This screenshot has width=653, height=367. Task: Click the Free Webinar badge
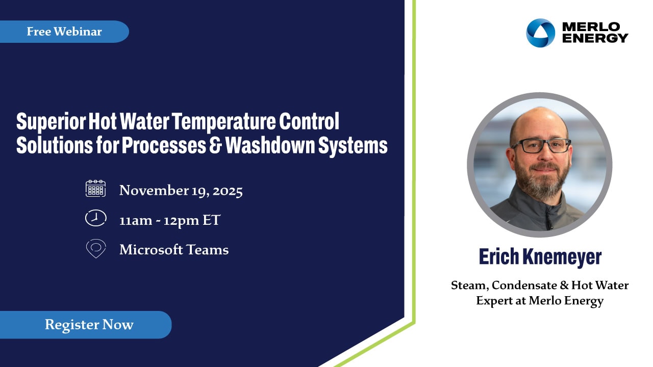pos(64,32)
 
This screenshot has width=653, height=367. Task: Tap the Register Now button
pos(86,325)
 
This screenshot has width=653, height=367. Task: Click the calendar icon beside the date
pos(95,189)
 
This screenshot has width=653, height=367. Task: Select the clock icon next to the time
pos(95,218)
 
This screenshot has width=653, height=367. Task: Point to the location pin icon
pos(96,249)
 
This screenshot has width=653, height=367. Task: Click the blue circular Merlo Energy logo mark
pos(540,33)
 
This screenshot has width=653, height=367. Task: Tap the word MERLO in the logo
pos(591,27)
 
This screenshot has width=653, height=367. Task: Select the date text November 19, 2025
pos(181,191)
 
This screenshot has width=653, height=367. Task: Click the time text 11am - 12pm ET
pos(170,220)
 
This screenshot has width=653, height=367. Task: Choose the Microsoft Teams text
pos(174,250)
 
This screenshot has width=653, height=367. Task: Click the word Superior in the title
pos(51,122)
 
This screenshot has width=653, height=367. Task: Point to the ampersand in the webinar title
pos(215,145)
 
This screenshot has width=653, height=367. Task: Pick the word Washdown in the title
pos(270,145)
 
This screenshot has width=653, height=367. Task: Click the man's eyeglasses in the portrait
pos(541,146)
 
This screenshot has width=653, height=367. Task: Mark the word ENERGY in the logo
pos(595,38)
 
